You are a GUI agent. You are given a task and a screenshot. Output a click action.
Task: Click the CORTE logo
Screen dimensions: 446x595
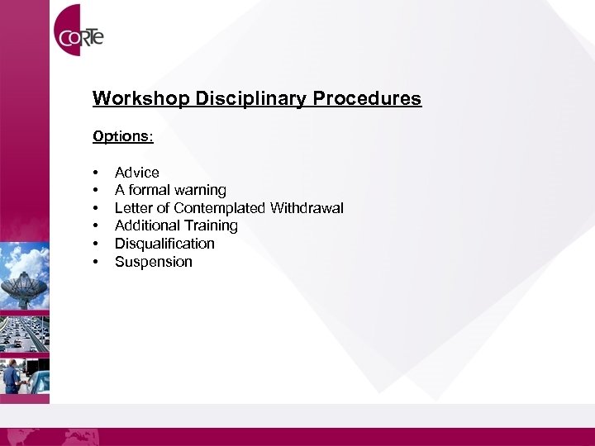pos(79,36)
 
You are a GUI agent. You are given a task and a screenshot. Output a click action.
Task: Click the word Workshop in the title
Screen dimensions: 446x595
pos(141,99)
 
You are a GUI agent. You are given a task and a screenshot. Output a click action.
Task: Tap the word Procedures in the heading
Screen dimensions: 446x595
pos(366,99)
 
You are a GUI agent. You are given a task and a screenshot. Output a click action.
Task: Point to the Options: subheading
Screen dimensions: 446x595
pos(123,135)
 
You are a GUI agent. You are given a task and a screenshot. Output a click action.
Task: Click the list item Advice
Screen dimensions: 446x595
pos(137,173)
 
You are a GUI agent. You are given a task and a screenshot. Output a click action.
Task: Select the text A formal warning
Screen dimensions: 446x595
pos(170,190)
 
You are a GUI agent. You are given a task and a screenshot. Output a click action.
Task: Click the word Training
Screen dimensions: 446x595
pos(212,225)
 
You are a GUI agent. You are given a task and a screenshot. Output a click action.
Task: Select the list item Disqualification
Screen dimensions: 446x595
pos(164,244)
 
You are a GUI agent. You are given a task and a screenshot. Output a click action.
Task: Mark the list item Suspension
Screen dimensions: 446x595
pos(154,262)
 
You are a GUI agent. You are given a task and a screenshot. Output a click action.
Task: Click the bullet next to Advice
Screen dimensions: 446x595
pos(97,173)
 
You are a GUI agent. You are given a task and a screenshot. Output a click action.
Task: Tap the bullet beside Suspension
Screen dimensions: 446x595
pos(97,262)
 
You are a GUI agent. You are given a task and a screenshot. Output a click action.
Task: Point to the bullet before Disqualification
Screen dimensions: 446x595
pos(97,244)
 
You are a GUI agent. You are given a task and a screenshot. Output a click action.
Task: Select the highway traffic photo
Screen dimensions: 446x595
pos(25,330)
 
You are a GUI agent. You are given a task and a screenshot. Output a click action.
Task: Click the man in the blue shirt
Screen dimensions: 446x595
pos(12,376)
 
